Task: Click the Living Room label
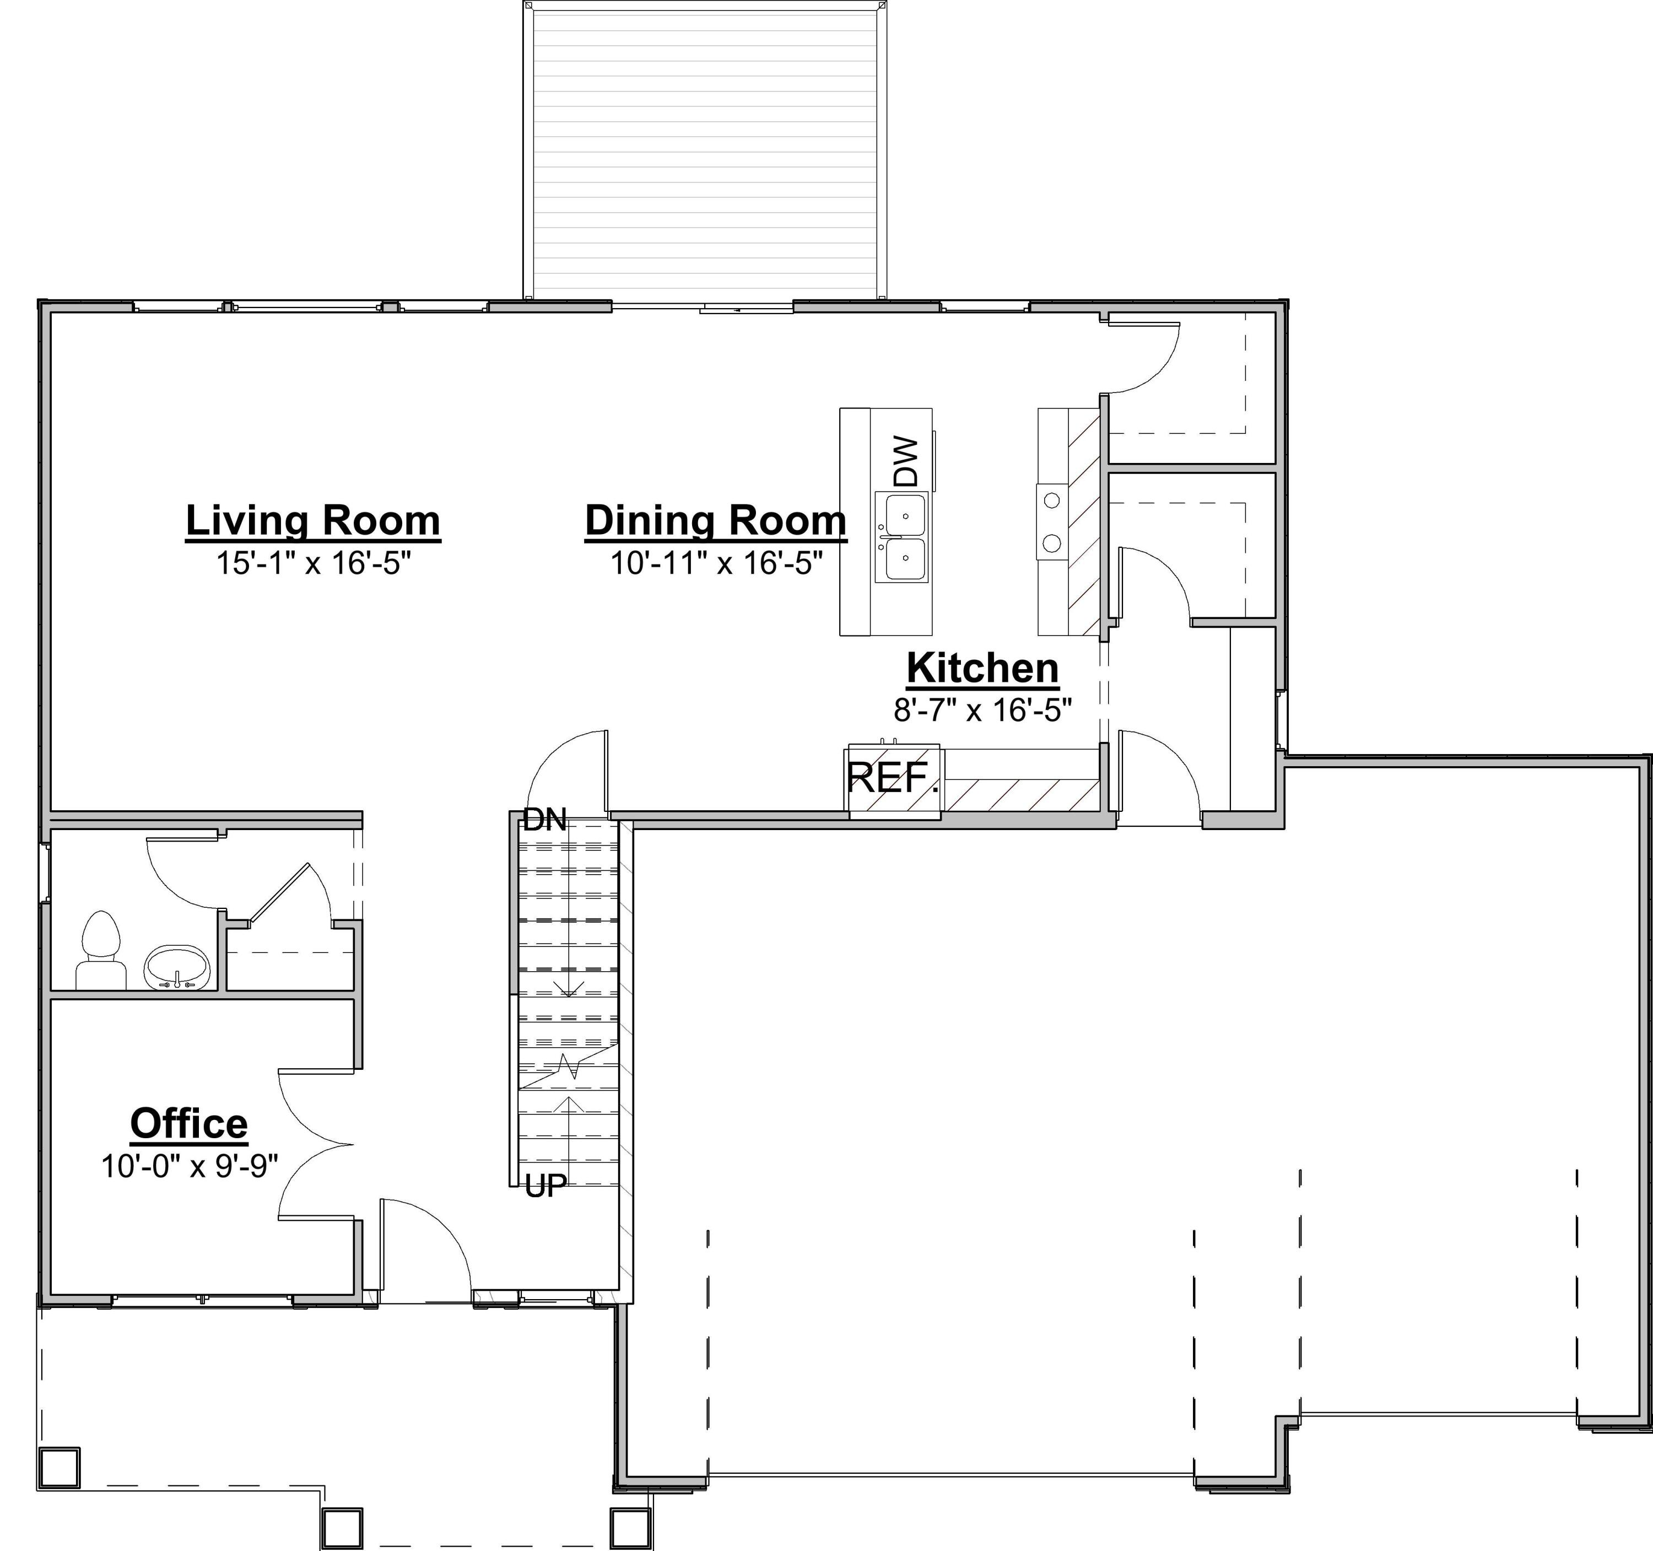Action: coord(312,521)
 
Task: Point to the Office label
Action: coord(189,1123)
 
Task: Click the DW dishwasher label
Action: coord(906,462)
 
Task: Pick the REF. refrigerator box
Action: coord(894,781)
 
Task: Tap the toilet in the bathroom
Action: coord(101,951)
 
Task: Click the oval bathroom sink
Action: coord(177,967)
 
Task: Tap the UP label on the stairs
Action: coord(546,1187)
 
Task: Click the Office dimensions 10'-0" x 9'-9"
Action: coord(189,1167)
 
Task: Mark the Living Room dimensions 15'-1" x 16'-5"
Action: coord(314,564)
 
